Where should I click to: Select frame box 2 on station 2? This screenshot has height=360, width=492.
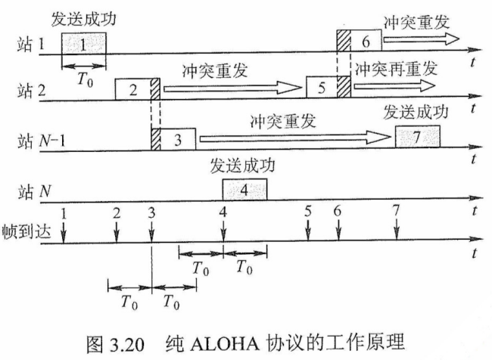click(x=132, y=88)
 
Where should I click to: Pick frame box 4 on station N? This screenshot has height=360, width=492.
click(x=244, y=190)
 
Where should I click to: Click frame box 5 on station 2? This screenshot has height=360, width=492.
click(x=322, y=88)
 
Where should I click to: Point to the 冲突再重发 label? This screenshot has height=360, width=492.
click(x=396, y=67)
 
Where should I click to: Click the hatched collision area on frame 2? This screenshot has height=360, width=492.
click(x=155, y=88)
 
